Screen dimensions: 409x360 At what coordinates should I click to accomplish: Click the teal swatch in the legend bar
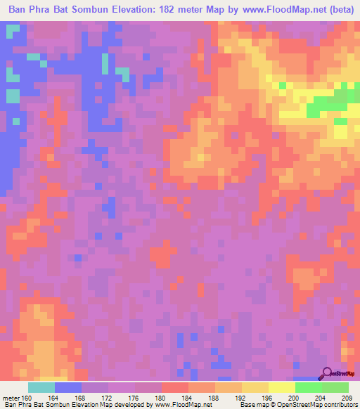pos(41,387)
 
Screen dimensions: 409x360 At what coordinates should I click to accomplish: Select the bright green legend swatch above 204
pos(308,387)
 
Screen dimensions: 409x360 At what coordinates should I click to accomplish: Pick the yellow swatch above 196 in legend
pos(255,387)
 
